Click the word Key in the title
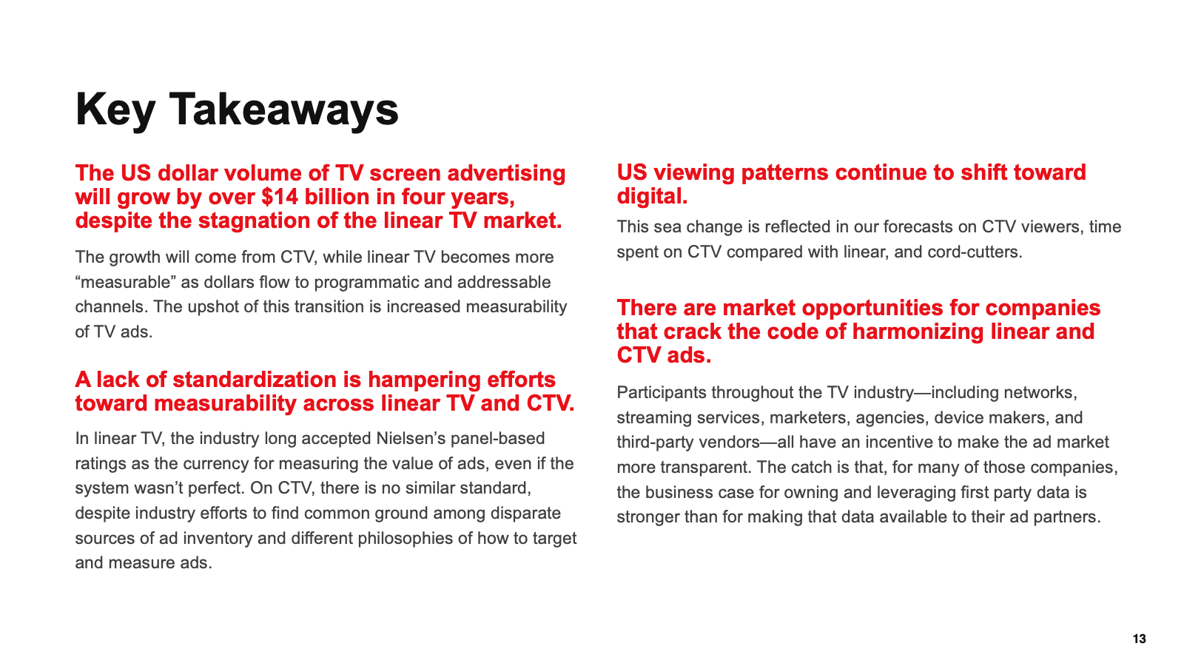click(115, 110)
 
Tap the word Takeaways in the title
click(283, 110)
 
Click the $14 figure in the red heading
click(279, 197)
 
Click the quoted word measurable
click(125, 282)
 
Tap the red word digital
click(652, 197)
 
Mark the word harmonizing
click(918, 332)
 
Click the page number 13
click(1139, 639)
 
